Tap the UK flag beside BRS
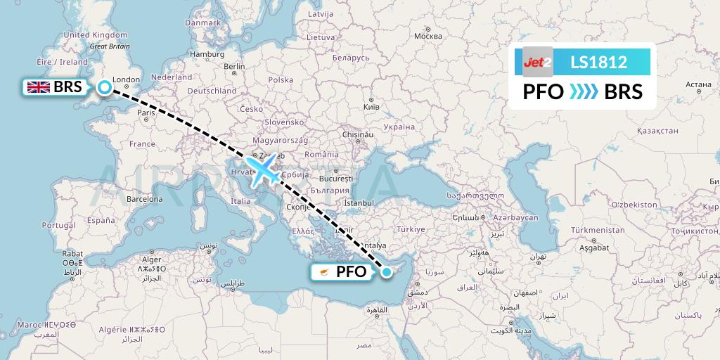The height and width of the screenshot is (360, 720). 37,87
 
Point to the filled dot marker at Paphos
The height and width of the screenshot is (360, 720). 386,271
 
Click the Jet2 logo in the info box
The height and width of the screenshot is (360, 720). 538,62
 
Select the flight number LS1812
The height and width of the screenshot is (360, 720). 598,62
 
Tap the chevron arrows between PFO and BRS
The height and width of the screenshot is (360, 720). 583,91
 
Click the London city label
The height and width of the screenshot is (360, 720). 127,79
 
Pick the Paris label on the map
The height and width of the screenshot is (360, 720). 146,112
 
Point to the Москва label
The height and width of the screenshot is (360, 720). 427,36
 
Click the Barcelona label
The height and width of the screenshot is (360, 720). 144,199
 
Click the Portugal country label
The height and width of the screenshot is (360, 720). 58,225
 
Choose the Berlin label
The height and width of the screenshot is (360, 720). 234,67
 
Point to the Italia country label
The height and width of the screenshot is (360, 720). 231,201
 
